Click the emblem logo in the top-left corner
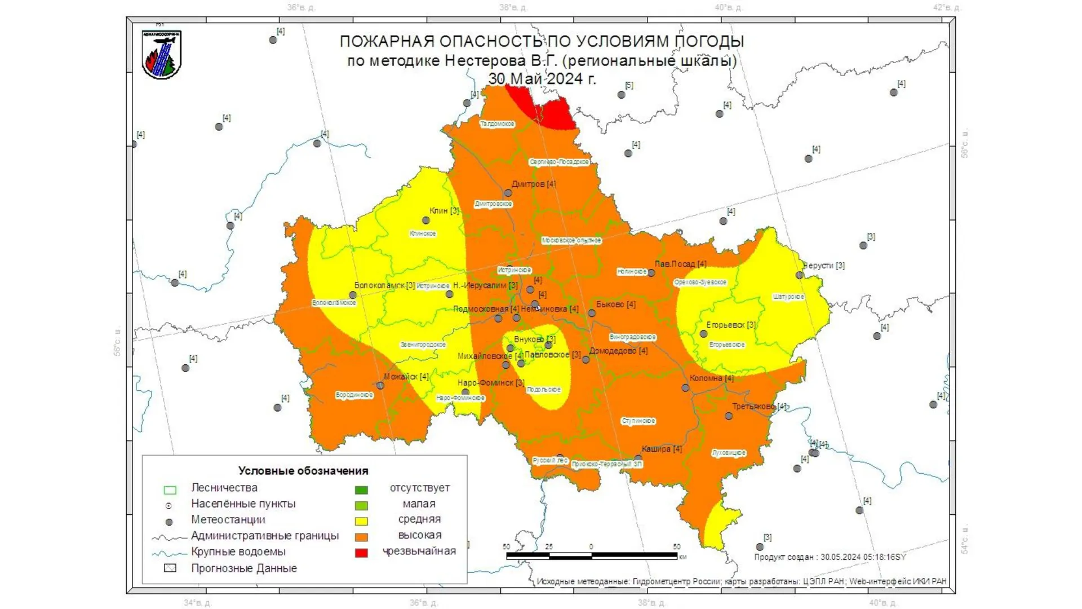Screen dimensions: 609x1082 click(161, 54)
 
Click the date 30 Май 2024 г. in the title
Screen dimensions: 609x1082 click(542, 78)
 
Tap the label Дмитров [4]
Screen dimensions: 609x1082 click(533, 184)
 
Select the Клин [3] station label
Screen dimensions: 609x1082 click(444, 210)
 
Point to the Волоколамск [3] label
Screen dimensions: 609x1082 click(384, 285)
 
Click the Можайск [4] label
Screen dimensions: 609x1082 click(406, 376)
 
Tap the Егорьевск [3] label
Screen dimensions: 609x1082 click(730, 325)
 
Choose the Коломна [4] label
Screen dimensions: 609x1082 click(711, 378)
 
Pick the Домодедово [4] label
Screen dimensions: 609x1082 click(618, 351)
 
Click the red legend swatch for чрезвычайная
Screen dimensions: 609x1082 click(361, 553)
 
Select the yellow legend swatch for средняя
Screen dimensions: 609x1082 click(361, 521)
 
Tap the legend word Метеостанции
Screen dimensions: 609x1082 click(228, 519)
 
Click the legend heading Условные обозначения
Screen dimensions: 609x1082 click(303, 470)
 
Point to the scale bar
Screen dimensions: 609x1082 click(592, 555)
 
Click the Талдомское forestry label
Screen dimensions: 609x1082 click(497, 123)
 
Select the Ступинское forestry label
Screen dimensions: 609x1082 click(638, 421)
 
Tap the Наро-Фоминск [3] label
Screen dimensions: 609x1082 click(490, 382)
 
